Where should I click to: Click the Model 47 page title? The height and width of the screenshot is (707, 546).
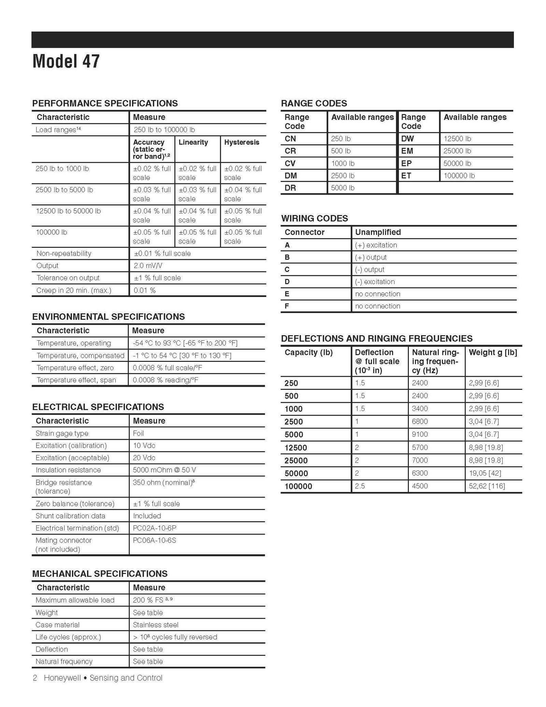point(66,61)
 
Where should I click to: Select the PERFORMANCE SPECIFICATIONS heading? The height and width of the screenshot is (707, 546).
point(105,103)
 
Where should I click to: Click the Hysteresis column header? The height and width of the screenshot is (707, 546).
point(242,142)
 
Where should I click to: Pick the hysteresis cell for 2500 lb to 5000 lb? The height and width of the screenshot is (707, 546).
point(243,194)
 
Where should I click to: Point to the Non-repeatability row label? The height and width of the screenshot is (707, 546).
point(64,253)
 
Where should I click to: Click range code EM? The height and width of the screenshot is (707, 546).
point(407,151)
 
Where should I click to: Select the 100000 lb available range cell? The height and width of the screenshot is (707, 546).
point(459,175)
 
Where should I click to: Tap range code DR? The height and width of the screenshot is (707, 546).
point(290,188)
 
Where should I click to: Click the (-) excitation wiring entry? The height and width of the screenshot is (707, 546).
point(375,282)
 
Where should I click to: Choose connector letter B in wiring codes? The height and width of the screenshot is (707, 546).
point(287,257)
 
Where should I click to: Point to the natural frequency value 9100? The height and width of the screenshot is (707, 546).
point(420,434)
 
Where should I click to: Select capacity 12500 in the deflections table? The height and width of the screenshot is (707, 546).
point(296,448)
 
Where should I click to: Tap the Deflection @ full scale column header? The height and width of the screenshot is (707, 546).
point(377,361)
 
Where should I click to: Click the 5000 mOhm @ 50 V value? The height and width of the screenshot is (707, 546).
point(164,470)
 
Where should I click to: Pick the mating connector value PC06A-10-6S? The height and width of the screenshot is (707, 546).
point(154,540)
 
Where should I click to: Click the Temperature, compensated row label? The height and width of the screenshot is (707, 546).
point(80,355)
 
